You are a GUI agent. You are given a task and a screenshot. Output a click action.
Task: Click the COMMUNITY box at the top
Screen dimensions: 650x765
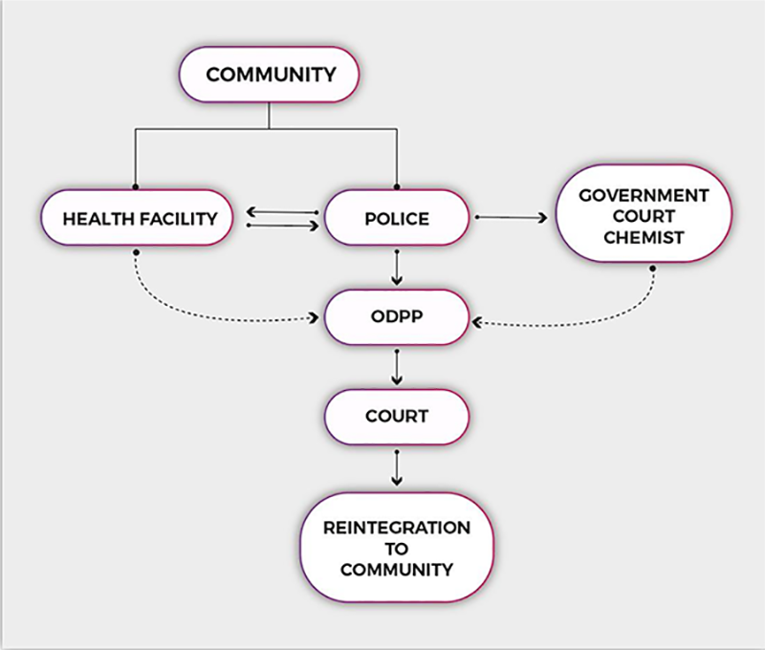pos(271,74)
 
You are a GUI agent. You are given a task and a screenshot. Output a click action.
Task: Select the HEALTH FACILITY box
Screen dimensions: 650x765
pos(140,218)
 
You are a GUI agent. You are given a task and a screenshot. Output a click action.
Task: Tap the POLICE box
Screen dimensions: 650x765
pos(397,218)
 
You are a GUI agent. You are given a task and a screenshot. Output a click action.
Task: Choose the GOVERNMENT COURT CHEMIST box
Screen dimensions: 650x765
pos(644,216)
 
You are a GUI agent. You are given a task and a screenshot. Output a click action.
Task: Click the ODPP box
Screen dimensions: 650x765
pos(397,317)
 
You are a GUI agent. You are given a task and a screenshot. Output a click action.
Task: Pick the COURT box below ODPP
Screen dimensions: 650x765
pos(397,417)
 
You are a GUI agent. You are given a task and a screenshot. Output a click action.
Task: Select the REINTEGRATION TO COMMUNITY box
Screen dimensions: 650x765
pos(397,548)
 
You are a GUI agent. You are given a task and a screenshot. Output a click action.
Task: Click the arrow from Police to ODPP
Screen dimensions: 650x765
pos(397,268)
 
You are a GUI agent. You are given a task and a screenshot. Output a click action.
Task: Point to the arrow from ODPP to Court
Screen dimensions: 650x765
pos(397,367)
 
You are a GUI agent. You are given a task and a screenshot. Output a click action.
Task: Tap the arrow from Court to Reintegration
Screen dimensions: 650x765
pos(397,467)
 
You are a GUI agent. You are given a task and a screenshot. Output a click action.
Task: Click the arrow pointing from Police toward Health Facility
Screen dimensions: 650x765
pos(281,211)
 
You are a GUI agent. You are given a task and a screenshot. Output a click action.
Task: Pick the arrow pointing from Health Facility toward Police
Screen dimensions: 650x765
pos(281,226)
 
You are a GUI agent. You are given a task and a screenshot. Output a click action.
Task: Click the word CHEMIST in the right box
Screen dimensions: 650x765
pos(644,236)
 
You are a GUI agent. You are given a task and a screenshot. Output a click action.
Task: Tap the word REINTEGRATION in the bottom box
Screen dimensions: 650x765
pos(397,528)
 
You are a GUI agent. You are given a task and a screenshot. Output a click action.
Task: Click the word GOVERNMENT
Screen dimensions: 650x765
pos(644,195)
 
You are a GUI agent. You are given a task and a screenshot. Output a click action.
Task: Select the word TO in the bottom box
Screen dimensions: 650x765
pos(397,549)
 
